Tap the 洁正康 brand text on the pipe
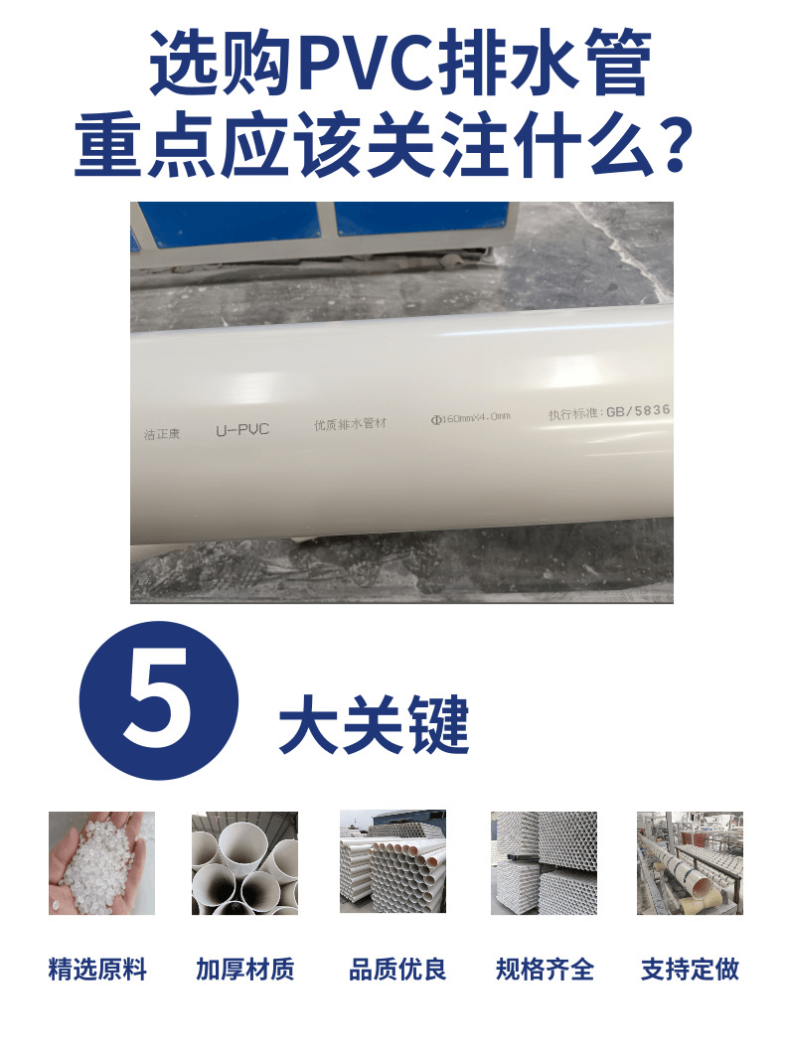pos(163,434)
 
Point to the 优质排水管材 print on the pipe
pos(350,424)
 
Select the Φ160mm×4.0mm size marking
pos(470,417)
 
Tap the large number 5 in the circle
pos(159,700)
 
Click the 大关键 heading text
pos(374,728)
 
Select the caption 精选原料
pos(97,970)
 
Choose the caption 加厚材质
pos(245,970)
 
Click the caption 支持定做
pos(690,970)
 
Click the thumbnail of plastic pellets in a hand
pos(101,862)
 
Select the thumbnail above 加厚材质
pos(244,862)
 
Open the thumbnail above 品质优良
pos(392,862)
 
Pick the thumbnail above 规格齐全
pos(544,862)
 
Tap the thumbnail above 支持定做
pos(690,862)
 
